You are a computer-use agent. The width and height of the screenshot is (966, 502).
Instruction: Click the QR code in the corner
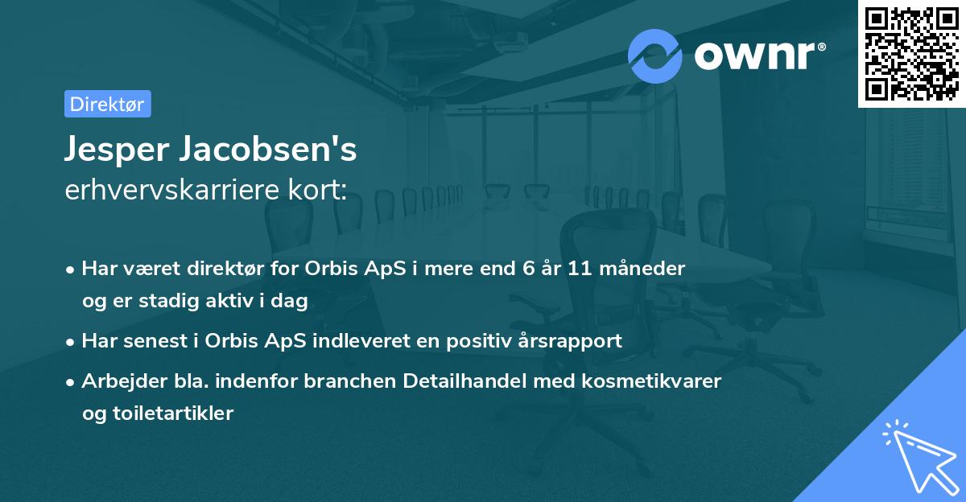point(910,53)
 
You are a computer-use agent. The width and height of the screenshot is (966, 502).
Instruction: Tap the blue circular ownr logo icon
point(654,56)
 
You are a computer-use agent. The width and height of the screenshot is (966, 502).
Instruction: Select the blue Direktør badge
point(107,104)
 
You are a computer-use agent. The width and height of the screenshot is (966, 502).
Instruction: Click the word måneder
point(646,269)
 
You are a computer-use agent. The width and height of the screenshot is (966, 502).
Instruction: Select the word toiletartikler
point(157,414)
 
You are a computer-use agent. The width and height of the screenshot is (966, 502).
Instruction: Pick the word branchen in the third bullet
point(342,381)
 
